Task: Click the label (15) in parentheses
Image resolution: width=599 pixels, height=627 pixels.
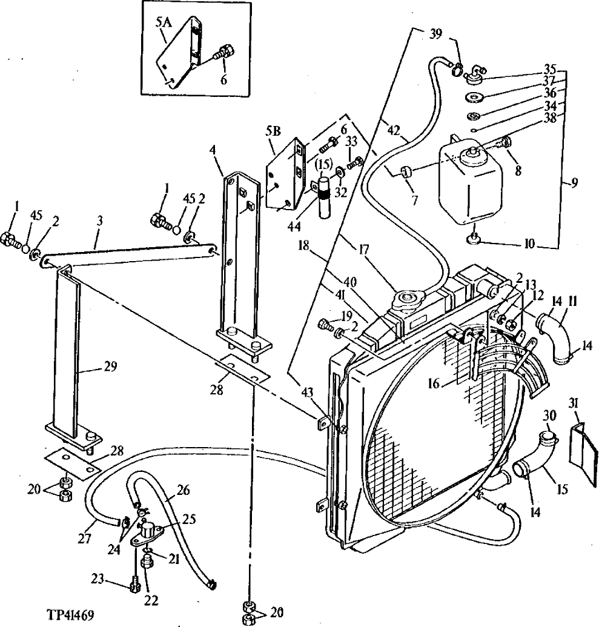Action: point(325,163)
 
